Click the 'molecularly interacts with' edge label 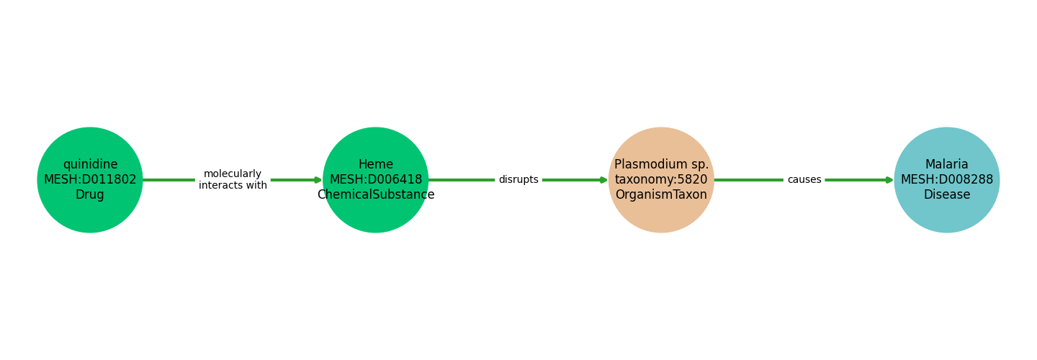(x=233, y=180)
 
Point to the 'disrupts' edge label (x=518, y=180)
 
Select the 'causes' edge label (x=804, y=180)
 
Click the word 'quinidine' (x=90, y=164)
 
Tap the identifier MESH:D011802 (x=90, y=179)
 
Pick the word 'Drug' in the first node (x=90, y=194)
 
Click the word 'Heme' (x=376, y=164)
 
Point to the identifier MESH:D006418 (x=376, y=179)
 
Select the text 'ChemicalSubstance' (x=376, y=194)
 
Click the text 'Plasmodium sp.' (x=661, y=164)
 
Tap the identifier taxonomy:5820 (x=661, y=179)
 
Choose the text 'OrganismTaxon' (x=661, y=194)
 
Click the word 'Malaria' (x=947, y=164)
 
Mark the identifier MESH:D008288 (x=947, y=179)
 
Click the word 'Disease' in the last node (x=947, y=194)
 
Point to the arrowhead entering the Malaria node (x=890, y=180)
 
